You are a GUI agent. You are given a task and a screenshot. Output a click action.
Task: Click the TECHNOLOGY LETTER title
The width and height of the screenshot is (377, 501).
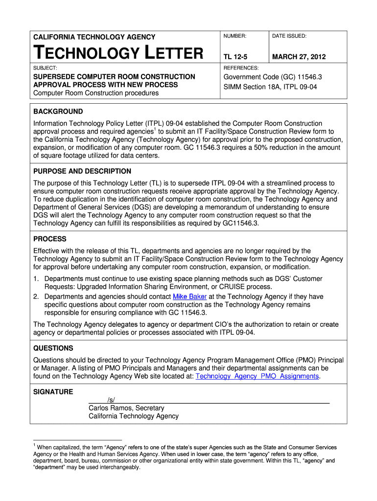(x=118, y=52)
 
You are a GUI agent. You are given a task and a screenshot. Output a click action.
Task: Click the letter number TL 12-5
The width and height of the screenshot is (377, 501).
(x=236, y=57)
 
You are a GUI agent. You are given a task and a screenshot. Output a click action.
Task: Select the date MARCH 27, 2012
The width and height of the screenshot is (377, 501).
(x=299, y=57)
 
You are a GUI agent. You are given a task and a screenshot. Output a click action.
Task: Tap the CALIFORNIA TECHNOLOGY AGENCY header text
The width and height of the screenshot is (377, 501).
(x=94, y=37)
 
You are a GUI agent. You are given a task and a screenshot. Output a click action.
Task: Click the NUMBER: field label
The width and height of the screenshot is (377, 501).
(x=235, y=36)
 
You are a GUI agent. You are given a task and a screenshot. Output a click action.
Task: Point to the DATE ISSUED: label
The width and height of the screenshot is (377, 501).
(x=289, y=36)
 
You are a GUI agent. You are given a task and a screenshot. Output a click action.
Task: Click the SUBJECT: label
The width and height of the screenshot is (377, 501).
(x=45, y=68)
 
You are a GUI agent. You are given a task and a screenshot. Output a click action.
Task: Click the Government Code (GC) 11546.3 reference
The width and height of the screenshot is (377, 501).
(x=272, y=77)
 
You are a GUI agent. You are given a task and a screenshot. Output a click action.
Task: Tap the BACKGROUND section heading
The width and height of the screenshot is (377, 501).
(x=58, y=112)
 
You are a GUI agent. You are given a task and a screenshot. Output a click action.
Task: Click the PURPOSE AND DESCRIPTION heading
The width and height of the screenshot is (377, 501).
(x=82, y=171)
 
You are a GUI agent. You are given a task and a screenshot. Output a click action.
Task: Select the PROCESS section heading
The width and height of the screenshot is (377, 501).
(x=49, y=239)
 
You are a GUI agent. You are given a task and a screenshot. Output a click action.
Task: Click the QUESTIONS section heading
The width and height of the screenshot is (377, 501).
(x=53, y=348)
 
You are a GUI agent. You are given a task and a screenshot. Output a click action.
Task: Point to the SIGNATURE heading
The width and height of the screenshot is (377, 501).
(x=53, y=392)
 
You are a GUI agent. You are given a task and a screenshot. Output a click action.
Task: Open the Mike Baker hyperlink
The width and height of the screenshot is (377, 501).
(x=190, y=296)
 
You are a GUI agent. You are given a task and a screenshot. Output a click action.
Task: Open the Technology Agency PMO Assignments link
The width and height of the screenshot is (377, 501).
(x=257, y=376)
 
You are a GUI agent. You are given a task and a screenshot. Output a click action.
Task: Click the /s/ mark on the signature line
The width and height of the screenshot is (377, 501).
(x=111, y=400)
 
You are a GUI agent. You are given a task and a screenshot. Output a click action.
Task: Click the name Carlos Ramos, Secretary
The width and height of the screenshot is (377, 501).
(x=126, y=408)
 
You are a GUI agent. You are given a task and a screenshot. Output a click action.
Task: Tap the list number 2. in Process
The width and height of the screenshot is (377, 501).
(x=36, y=296)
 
